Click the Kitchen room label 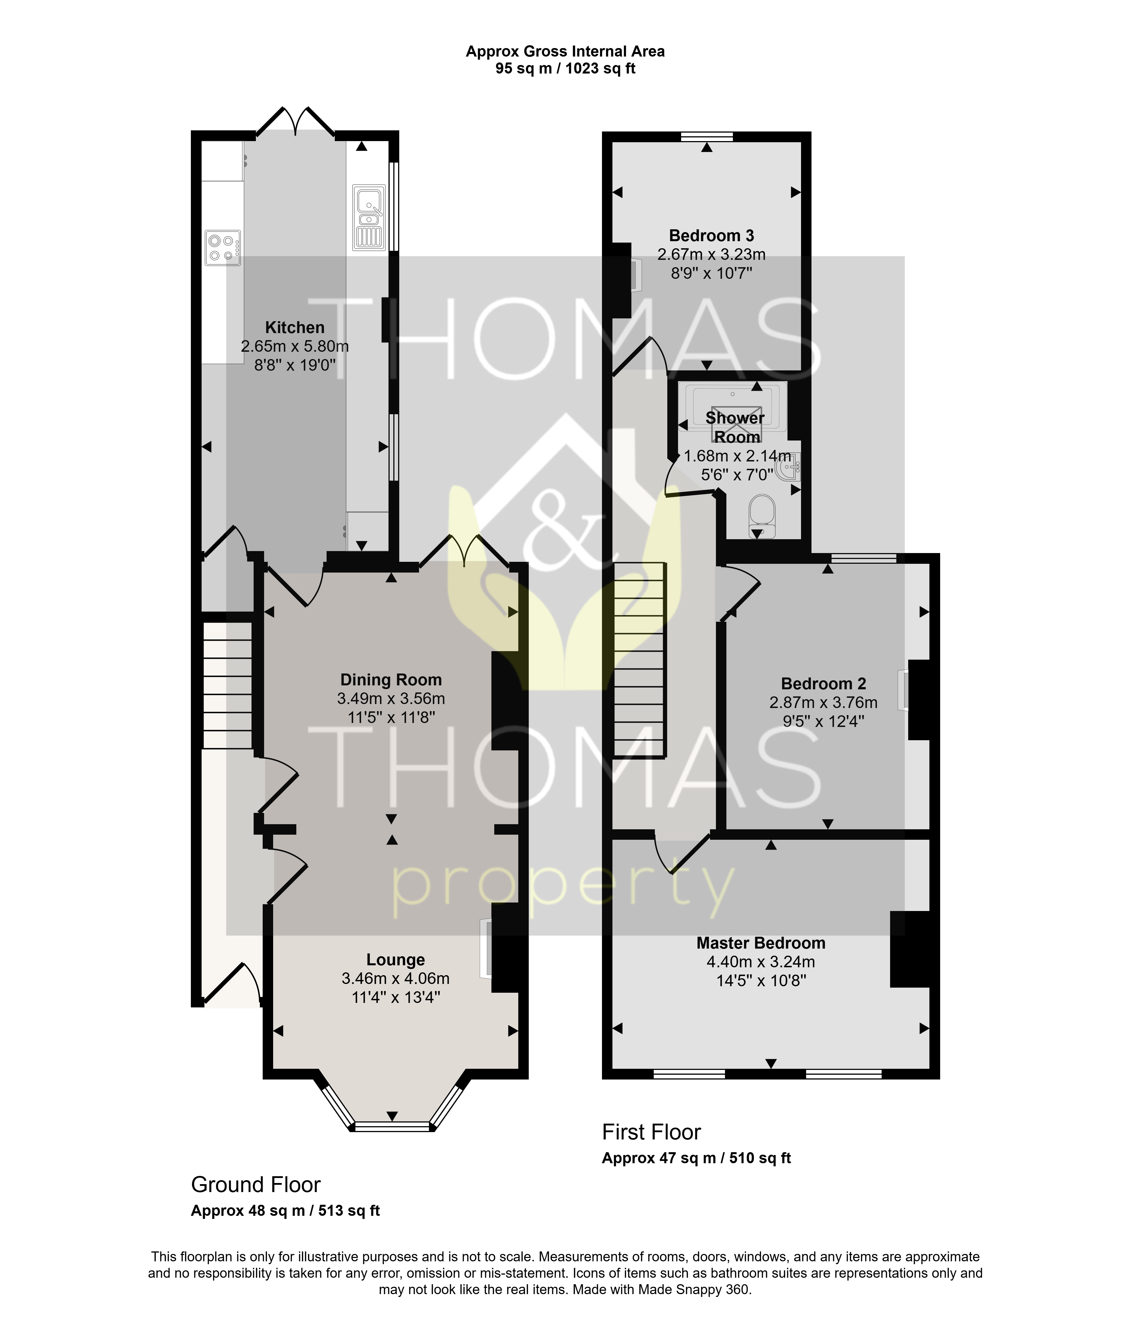click(x=295, y=328)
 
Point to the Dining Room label click(x=391, y=680)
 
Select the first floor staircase click(x=640, y=660)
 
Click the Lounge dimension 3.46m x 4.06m click(x=395, y=978)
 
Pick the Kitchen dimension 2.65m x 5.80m click(x=295, y=346)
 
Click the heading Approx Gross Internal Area click(x=565, y=51)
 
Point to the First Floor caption click(x=651, y=1132)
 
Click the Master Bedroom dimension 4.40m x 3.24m click(x=761, y=962)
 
